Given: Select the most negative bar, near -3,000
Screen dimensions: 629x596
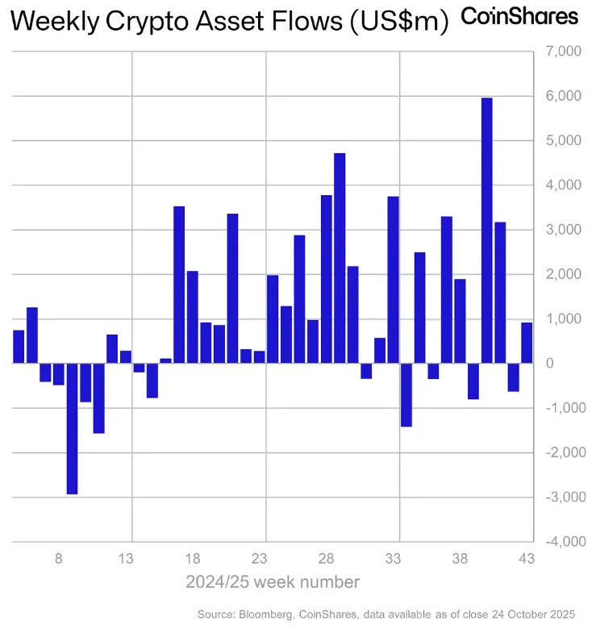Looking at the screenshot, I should [x=72, y=428].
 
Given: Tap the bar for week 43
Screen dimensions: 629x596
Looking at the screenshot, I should [x=527, y=343].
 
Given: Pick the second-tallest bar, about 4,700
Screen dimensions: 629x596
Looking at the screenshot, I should [x=340, y=258].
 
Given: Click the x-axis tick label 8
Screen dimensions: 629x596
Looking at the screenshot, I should [x=58, y=557].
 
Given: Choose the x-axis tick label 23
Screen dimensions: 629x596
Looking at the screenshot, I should [x=259, y=557].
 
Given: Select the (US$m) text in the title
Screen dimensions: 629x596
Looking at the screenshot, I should [x=398, y=23].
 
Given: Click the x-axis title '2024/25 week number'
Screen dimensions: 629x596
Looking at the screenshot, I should [x=273, y=581].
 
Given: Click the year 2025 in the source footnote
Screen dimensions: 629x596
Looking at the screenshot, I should [x=561, y=614].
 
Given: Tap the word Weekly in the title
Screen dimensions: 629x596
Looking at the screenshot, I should [x=51, y=23].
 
